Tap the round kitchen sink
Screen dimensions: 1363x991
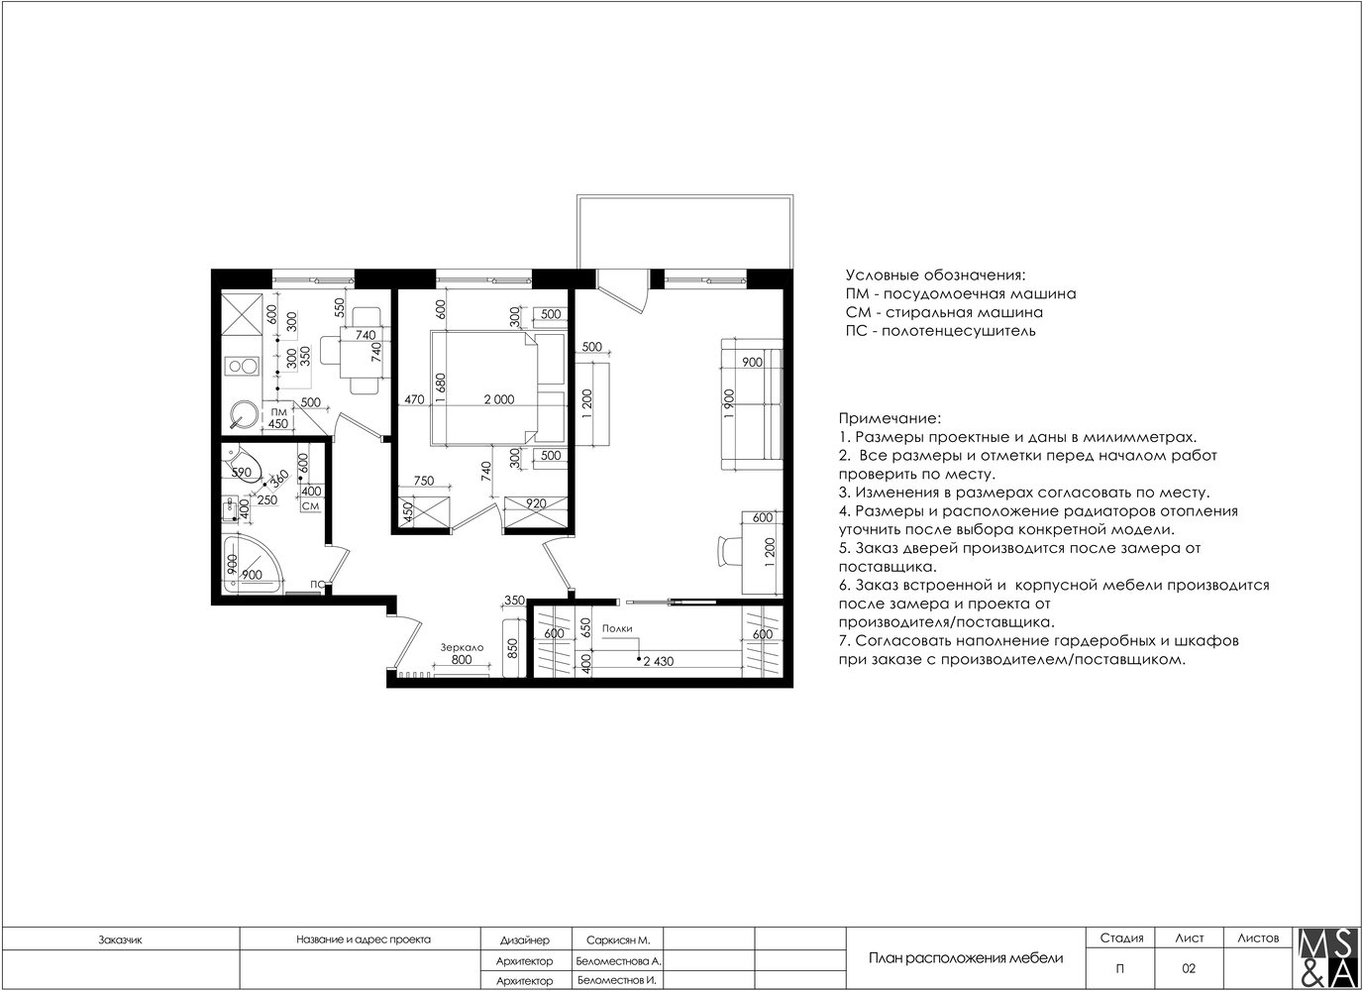242,416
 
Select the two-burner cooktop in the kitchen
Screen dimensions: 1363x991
242,367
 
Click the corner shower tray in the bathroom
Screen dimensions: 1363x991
252,563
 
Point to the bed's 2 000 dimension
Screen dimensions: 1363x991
499,400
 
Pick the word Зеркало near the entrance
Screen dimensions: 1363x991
462,648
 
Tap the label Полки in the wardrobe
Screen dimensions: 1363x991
617,629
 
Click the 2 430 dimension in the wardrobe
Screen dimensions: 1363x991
659,661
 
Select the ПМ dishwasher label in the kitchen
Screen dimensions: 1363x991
278,412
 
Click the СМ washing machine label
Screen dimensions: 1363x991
310,505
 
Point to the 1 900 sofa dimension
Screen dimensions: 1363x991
730,403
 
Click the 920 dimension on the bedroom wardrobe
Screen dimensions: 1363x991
536,503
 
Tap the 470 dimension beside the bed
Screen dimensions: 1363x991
414,400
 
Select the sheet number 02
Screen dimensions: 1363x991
1189,968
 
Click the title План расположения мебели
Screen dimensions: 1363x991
966,958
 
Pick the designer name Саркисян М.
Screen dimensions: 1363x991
618,940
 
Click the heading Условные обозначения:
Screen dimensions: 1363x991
935,275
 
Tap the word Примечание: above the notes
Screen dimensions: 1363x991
889,419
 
